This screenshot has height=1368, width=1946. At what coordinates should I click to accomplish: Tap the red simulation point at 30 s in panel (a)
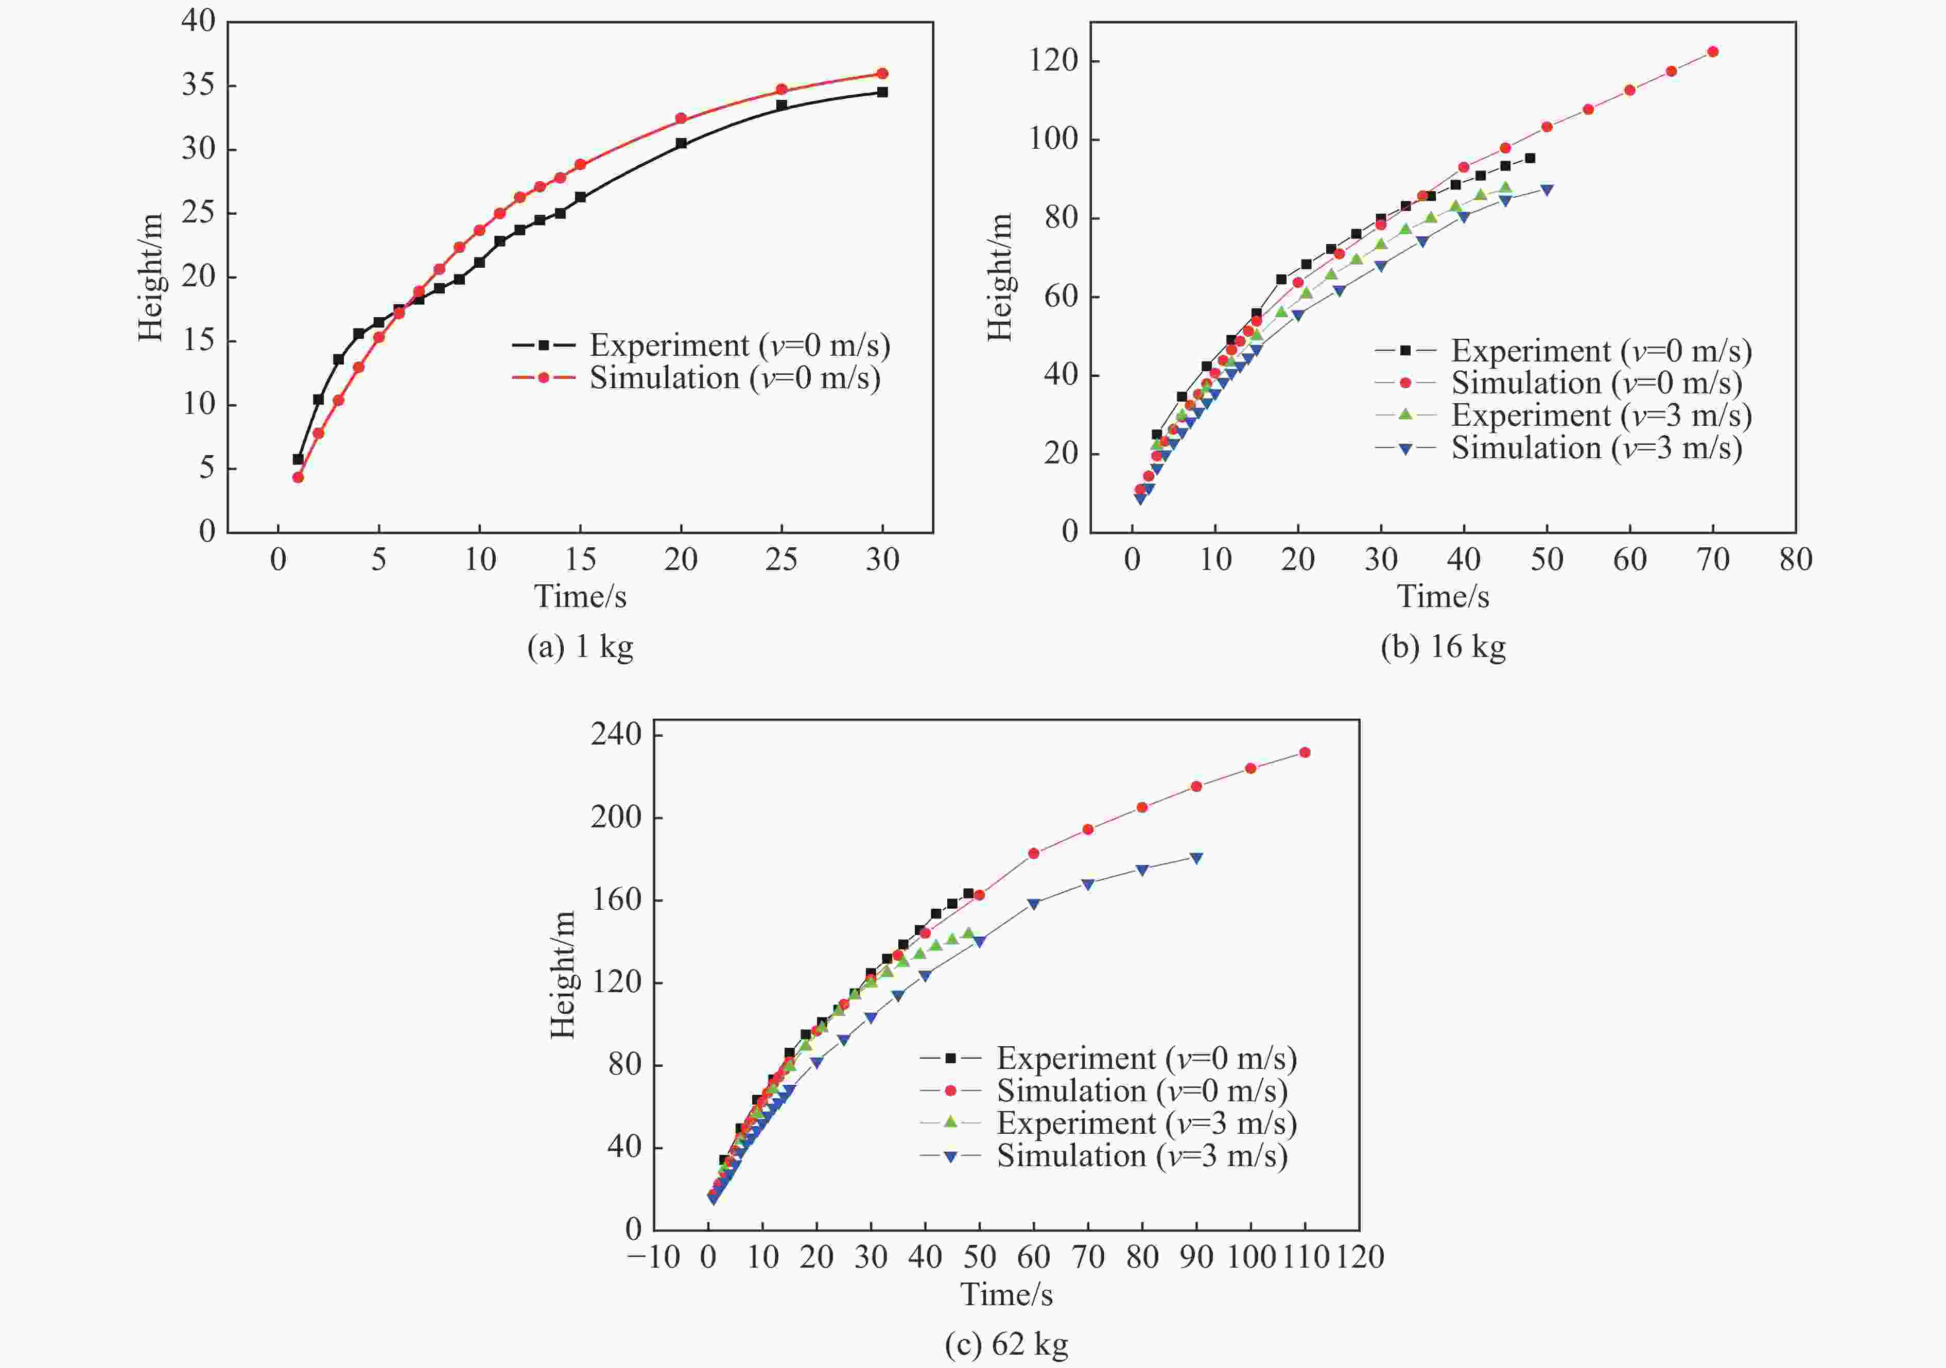[x=882, y=74]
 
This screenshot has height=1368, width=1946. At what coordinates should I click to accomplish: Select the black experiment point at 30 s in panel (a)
[x=882, y=92]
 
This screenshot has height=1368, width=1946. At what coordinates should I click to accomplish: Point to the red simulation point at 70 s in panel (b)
[x=1713, y=51]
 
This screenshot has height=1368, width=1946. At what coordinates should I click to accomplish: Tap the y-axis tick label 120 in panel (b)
[x=1053, y=61]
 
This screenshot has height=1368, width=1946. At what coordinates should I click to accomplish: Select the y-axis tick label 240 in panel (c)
[x=616, y=734]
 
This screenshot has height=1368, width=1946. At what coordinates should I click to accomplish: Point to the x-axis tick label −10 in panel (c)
[x=653, y=1257]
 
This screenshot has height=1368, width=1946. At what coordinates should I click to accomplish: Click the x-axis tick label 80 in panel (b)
[x=1795, y=560]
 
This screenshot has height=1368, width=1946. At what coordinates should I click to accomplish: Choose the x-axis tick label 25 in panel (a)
[x=781, y=560]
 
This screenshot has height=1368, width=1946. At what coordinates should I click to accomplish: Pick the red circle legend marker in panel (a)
[x=543, y=377]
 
